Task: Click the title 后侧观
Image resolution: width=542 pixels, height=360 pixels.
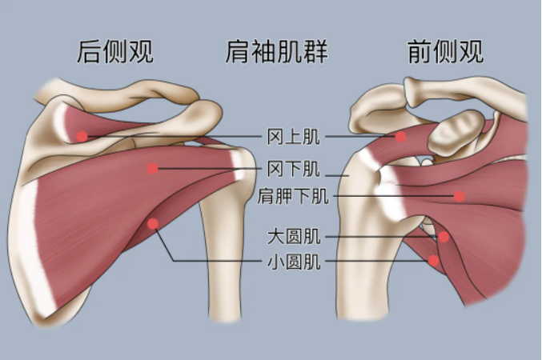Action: coord(115,52)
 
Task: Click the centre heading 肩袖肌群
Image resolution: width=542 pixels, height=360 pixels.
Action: coord(276,52)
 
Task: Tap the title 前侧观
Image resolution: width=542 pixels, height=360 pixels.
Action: coord(446,52)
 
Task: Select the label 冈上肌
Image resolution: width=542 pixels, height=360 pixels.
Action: coord(294,137)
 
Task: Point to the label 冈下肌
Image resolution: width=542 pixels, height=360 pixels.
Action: coord(294,169)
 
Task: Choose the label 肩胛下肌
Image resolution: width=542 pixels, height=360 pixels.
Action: coord(293,196)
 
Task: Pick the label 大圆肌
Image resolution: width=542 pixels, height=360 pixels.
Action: coord(294,237)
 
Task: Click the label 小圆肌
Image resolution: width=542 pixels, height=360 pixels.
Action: coord(294,262)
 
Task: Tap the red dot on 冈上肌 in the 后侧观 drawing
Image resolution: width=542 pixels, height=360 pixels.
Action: coord(82,136)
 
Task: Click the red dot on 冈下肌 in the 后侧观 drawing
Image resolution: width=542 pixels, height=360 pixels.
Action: coord(152,169)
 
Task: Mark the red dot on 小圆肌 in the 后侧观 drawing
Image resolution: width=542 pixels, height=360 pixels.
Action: coord(153,224)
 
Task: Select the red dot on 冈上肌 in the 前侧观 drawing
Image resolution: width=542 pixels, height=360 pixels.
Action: coord(400,137)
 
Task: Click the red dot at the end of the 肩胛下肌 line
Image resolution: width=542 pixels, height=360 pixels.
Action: coord(459,196)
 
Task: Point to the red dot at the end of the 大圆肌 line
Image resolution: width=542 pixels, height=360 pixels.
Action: coord(444,237)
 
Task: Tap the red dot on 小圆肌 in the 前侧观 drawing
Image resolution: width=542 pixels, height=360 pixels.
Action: coord(434,260)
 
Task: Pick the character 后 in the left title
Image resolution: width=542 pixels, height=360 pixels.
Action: coord(89,52)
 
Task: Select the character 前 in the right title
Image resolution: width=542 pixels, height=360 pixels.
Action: coord(420,52)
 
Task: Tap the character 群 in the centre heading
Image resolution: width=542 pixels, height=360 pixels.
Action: coord(315,52)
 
